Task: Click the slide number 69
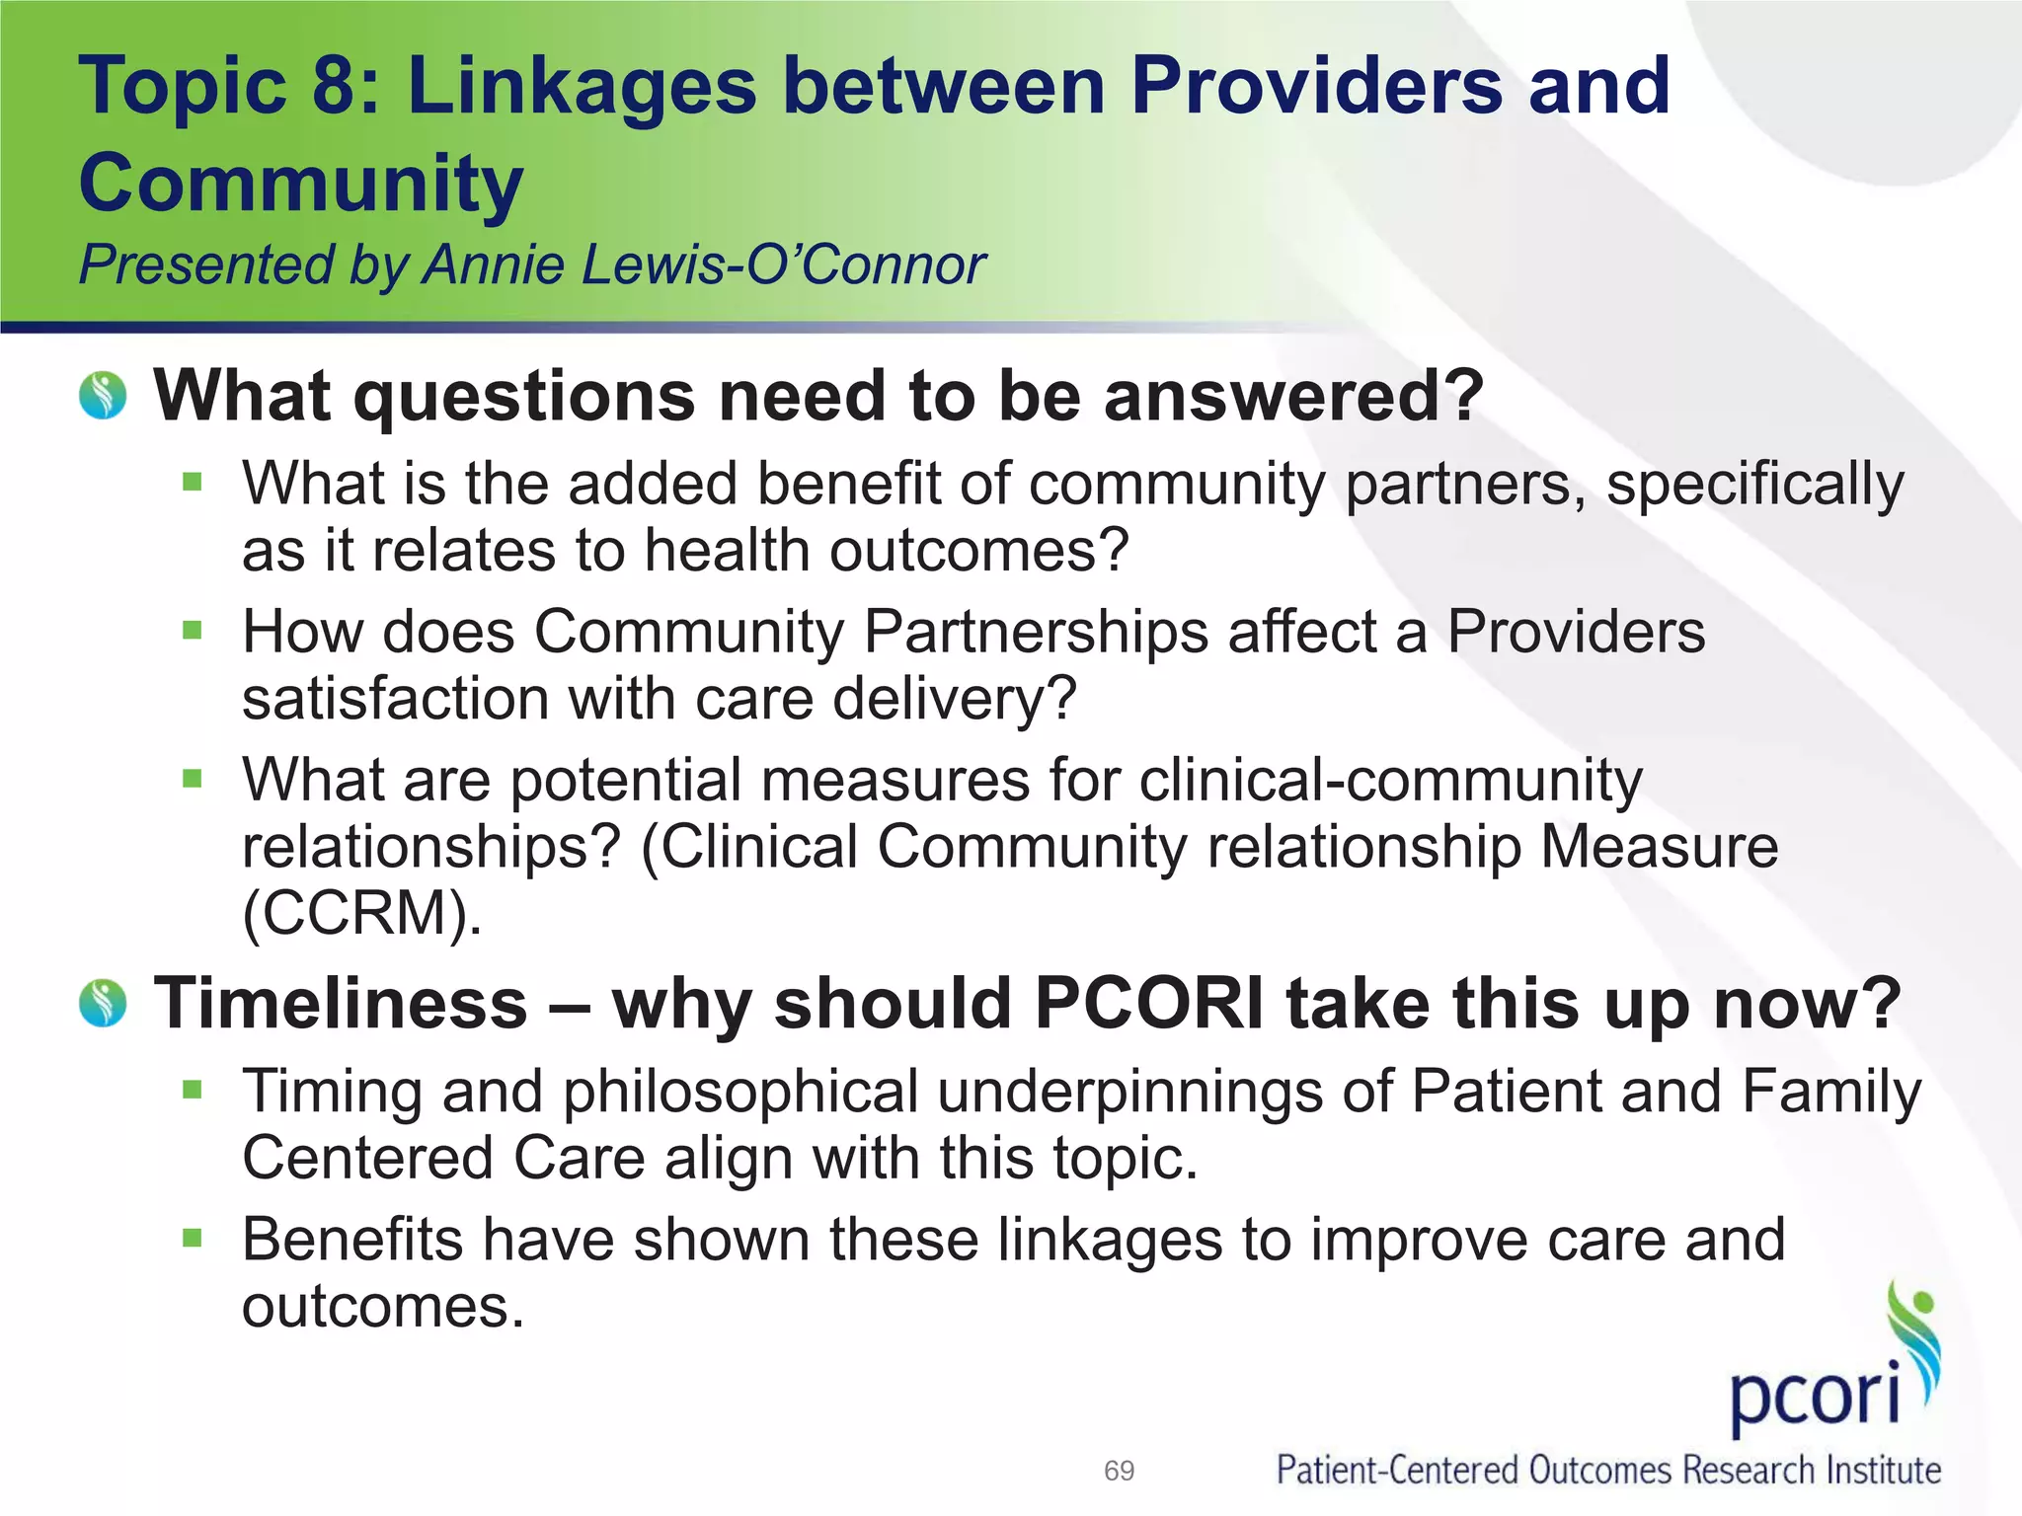tap(1119, 1471)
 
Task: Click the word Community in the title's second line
tap(301, 183)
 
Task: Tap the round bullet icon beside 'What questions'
tap(104, 396)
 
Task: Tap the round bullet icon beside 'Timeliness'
tap(104, 1003)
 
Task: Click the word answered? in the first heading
tap(1293, 396)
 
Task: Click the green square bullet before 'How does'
tap(193, 630)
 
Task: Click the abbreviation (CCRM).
tap(362, 913)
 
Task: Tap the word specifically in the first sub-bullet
tap(1754, 485)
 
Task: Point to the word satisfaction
tap(395, 699)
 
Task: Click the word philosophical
tap(740, 1092)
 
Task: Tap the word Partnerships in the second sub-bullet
tap(1036, 632)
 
